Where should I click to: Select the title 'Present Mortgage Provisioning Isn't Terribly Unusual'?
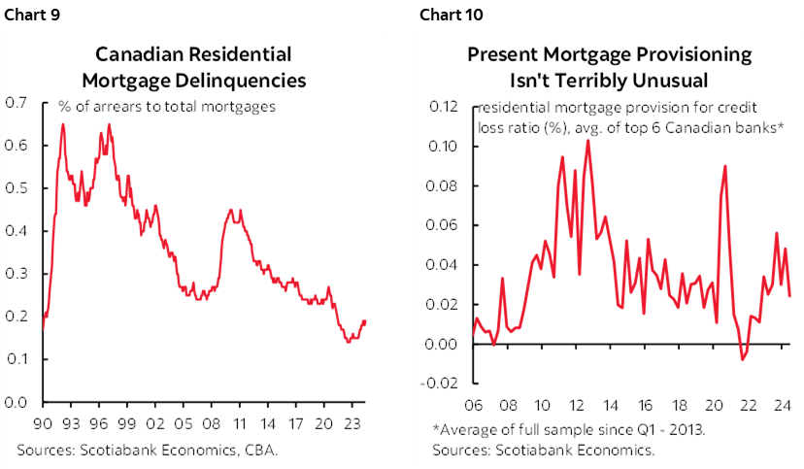tap(610, 66)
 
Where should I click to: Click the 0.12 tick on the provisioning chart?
tap(445, 106)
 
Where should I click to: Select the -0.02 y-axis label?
tap(443, 383)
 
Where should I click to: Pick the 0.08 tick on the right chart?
tap(445, 185)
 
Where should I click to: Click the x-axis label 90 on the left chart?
tap(43, 423)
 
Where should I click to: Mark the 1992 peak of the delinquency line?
tap(63, 124)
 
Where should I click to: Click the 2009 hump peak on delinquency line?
tap(230, 209)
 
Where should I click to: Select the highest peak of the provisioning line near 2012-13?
tap(587, 141)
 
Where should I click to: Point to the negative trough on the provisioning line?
tap(744, 359)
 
